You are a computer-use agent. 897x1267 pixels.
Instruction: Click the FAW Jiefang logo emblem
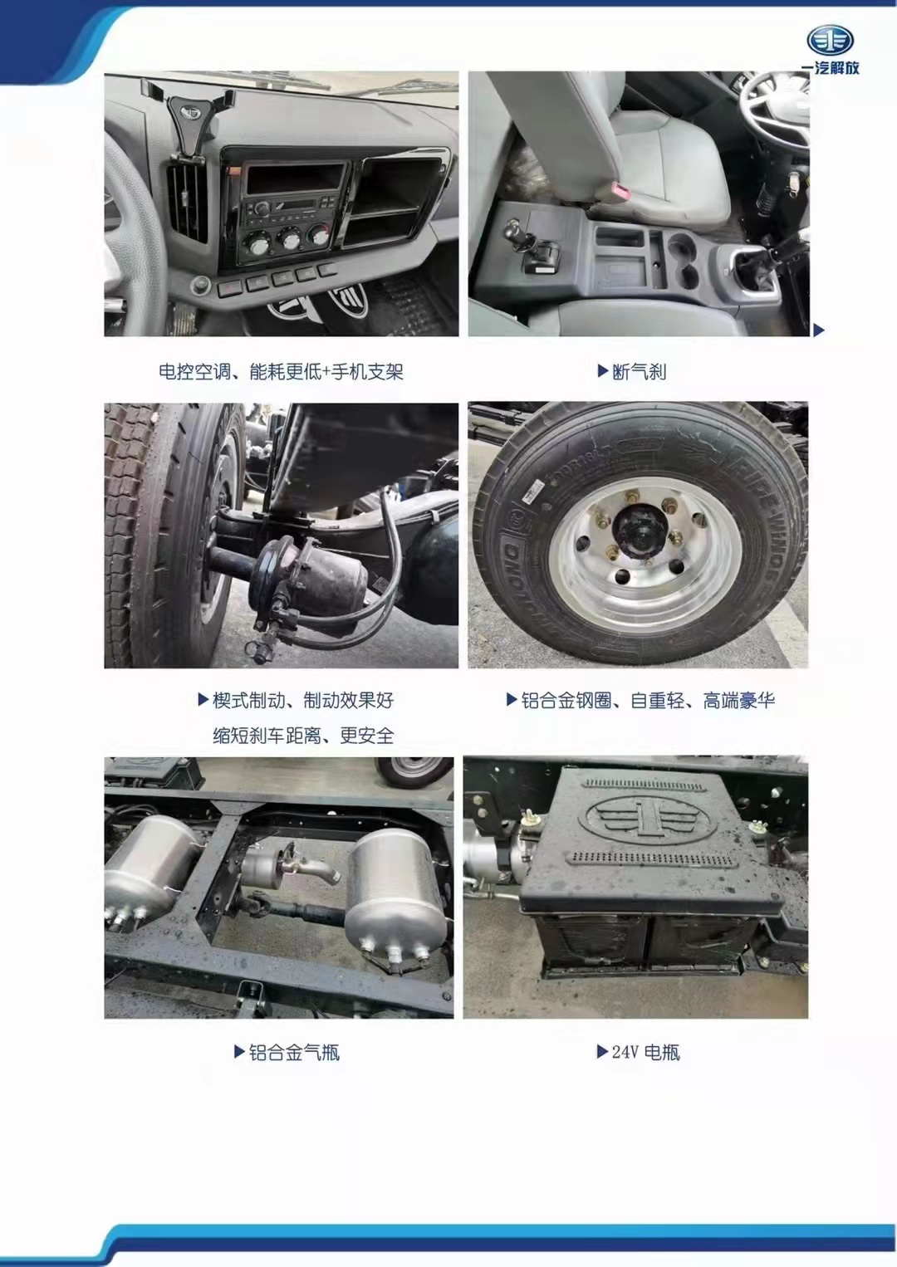[830, 40]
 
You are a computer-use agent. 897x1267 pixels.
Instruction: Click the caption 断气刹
[639, 372]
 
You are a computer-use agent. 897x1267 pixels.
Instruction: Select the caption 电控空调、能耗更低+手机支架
[281, 372]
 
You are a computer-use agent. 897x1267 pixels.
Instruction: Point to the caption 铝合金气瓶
[294, 1053]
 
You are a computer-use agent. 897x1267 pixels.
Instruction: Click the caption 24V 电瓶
[645, 1053]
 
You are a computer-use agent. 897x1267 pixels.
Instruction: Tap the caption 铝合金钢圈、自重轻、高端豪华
[648, 701]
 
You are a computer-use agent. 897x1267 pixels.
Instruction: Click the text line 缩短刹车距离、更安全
[303, 736]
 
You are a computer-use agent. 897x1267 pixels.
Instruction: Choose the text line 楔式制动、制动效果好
[303, 701]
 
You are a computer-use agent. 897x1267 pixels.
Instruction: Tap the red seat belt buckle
[620, 192]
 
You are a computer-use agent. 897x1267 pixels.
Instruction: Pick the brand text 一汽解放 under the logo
[830, 68]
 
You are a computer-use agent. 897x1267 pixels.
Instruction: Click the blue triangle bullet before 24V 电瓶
[602, 1052]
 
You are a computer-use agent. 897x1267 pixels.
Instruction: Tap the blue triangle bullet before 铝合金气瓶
[239, 1052]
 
